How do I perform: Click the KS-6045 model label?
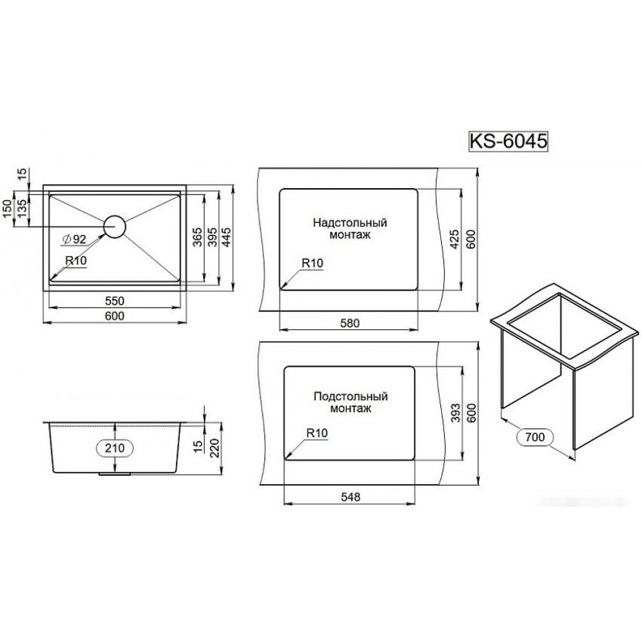coord(508,142)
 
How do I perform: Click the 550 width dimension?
coord(115,301)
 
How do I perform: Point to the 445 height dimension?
coord(227,238)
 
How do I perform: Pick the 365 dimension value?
coord(197,238)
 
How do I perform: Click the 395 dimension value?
coord(212,238)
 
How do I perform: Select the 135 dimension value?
coord(22,207)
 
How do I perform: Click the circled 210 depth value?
coord(115,448)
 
